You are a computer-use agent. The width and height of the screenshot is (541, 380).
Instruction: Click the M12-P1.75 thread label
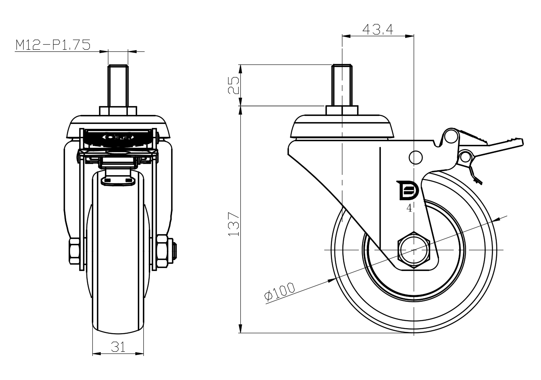(53, 45)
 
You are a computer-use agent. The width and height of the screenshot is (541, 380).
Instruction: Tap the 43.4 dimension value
(377, 29)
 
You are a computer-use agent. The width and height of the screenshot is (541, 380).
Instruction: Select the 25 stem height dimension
(233, 85)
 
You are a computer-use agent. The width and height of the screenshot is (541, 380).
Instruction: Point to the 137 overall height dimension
(233, 223)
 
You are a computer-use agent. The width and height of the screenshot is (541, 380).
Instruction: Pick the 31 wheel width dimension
(118, 347)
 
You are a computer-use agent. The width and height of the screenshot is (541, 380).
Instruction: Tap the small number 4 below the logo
(409, 208)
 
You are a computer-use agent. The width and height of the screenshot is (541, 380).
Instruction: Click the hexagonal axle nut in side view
(414, 250)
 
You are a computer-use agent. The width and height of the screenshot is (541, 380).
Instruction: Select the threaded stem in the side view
(342, 85)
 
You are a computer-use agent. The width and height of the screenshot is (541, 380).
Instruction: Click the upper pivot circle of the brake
(451, 136)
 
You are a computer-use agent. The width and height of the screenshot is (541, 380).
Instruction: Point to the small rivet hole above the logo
(415, 157)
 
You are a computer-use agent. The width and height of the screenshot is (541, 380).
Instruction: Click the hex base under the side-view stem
(342, 110)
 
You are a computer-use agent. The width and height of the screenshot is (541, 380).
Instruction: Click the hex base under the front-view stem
(118, 110)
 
